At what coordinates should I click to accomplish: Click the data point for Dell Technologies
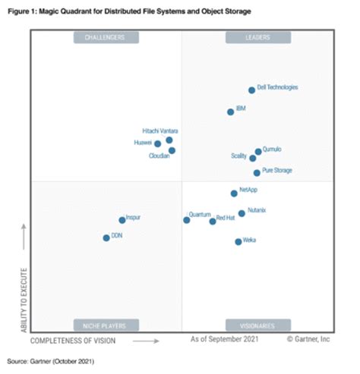pos(252,90)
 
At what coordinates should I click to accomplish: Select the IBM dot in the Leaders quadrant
pos(231,112)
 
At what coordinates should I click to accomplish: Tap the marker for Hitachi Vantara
pos(169,140)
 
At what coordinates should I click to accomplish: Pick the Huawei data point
pos(158,143)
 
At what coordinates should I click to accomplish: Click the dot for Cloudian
pos(172,150)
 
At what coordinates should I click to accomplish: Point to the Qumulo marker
pos(258,152)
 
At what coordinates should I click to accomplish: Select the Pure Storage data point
pos(257,173)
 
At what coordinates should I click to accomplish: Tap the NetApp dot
pos(234,193)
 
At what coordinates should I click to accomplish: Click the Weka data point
pos(238,242)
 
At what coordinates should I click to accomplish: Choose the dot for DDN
pos(106,238)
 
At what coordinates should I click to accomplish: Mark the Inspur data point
pos(122,220)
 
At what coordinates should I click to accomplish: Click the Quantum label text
pos(200,215)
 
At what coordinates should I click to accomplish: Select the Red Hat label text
pos(226,218)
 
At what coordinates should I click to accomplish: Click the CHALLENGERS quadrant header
pos(106,37)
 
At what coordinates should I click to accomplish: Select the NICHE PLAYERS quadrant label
pos(106,325)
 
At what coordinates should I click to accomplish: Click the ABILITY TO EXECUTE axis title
pos(24,298)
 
